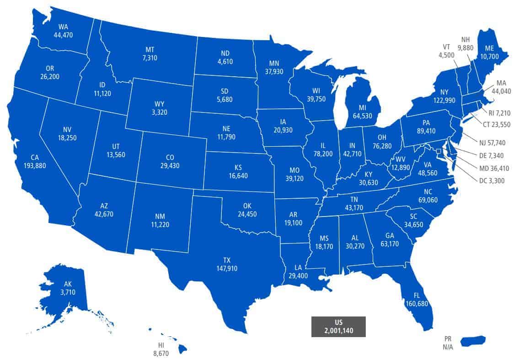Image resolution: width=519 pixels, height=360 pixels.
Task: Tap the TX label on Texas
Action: (226, 260)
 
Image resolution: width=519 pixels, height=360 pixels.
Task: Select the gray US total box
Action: (338, 326)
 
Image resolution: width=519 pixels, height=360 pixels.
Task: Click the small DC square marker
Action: (439, 151)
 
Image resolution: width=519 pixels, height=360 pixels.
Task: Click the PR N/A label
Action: (448, 343)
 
